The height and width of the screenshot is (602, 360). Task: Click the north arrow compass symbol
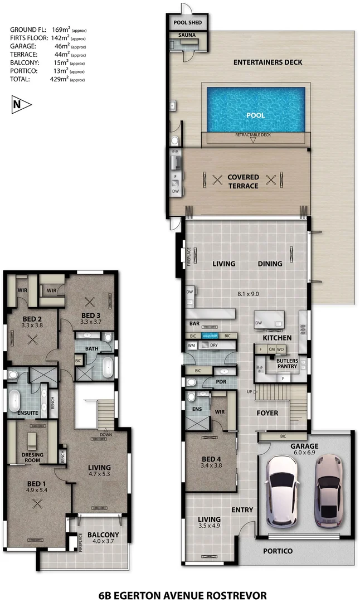pyautogui.click(x=21, y=104)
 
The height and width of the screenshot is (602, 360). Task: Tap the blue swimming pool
pyautogui.click(x=256, y=110)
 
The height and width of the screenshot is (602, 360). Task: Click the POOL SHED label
pyautogui.click(x=187, y=23)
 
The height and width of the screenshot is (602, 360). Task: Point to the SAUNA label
pyautogui.click(x=187, y=35)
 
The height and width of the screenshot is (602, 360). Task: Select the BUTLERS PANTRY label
pyautogui.click(x=287, y=364)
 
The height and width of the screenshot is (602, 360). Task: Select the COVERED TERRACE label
pyautogui.click(x=243, y=181)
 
